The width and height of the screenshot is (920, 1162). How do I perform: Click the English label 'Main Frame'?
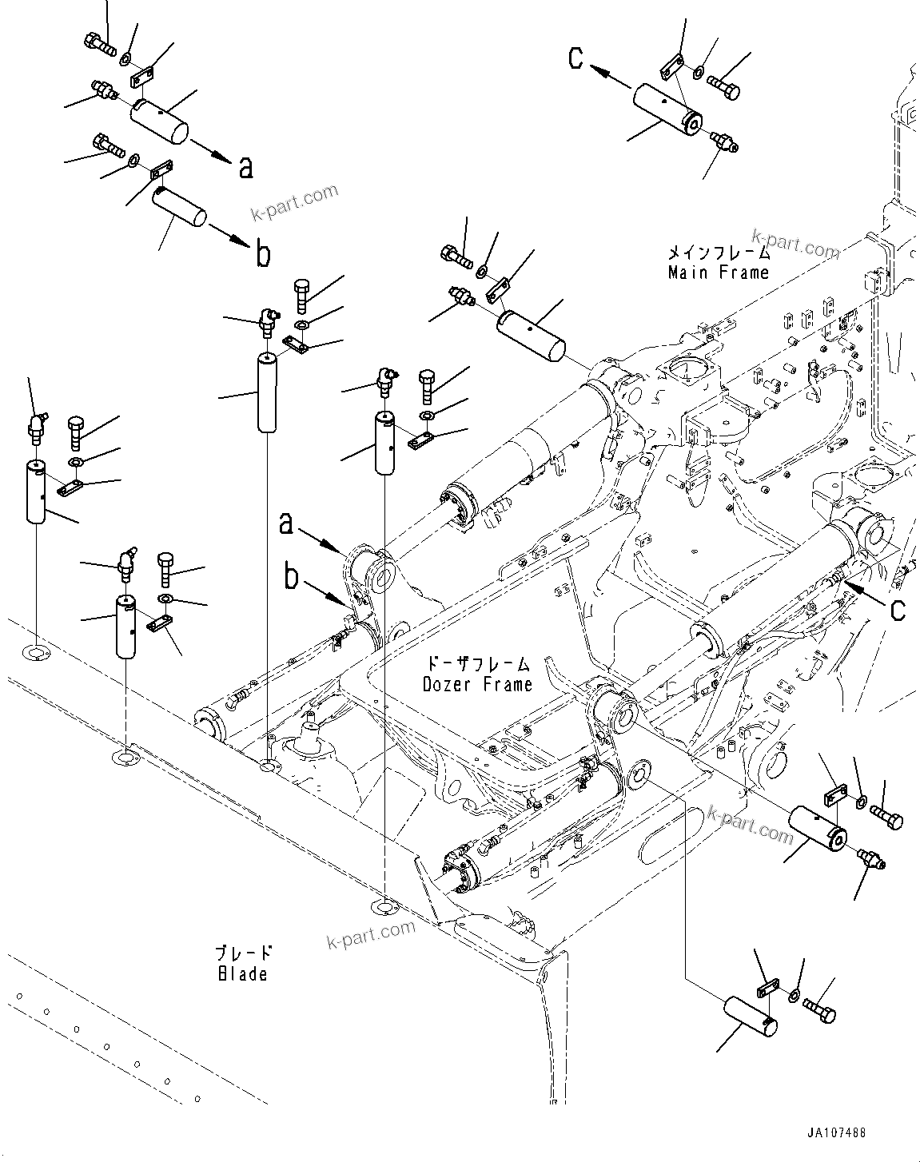718,273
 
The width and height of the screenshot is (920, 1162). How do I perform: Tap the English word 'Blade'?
241,973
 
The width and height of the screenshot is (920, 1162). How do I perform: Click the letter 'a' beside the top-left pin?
246,167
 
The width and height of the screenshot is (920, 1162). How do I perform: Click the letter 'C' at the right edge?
898,610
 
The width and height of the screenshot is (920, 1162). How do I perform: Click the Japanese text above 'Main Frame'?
719,253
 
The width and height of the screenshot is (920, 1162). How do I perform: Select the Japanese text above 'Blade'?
243,953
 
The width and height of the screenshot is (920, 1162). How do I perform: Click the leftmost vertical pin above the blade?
36,492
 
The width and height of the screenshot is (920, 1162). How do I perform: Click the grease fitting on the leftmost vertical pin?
37,427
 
